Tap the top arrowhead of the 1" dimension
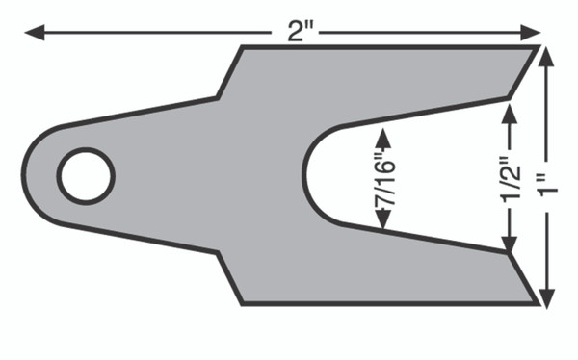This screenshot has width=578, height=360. coord(547,54)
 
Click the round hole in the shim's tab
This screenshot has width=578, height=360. coord(86,176)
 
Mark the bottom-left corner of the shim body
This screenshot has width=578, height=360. coord(241,304)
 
